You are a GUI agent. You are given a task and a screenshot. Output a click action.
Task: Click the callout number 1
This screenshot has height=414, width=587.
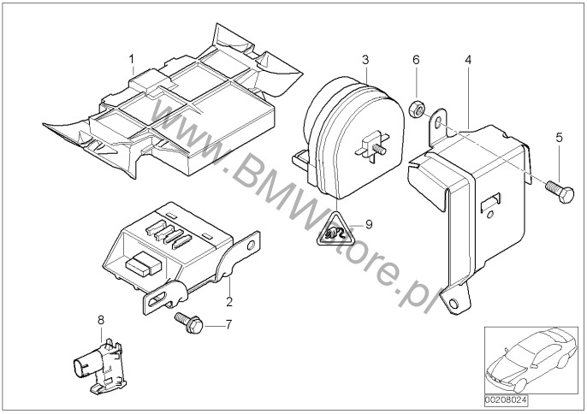[132, 59]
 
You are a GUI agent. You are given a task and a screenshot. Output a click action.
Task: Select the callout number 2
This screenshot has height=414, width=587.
[229, 302]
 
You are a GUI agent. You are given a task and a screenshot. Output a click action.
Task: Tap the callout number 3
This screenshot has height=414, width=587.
[365, 60]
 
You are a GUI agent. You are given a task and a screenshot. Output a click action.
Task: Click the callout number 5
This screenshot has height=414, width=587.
[559, 137]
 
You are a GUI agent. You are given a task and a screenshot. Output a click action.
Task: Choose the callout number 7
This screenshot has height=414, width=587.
[228, 325]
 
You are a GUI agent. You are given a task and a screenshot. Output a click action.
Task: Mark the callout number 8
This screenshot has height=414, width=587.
[100, 320]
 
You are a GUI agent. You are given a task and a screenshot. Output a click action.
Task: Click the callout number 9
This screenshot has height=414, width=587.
[370, 225]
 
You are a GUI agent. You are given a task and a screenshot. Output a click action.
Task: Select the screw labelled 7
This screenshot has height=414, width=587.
[187, 322]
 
